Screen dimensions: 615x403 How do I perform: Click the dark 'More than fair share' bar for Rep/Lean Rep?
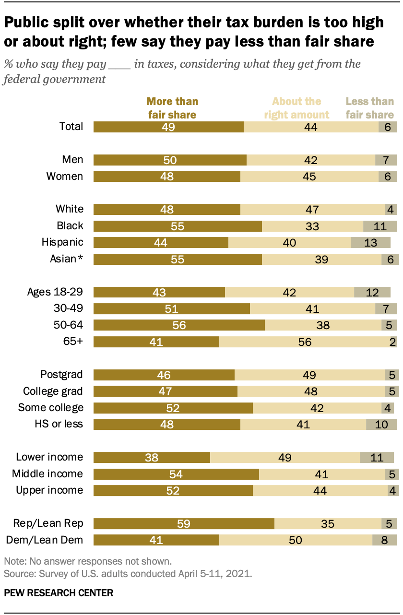184,523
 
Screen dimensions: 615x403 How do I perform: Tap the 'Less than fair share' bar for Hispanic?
370,242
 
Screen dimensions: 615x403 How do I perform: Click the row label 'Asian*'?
67,259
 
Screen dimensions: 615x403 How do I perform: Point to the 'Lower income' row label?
49,457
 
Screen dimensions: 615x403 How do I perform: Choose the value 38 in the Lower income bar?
152,457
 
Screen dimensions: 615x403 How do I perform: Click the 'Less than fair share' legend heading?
370,108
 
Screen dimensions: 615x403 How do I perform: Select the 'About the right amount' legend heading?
296,108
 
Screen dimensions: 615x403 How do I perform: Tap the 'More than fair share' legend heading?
172,108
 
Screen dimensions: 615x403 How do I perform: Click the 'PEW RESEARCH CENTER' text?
59,593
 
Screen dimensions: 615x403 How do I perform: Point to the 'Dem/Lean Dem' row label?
45,540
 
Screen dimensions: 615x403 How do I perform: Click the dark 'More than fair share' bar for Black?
178,226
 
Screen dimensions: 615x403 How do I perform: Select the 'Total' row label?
71,127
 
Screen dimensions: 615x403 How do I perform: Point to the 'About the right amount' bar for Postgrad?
309,375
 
